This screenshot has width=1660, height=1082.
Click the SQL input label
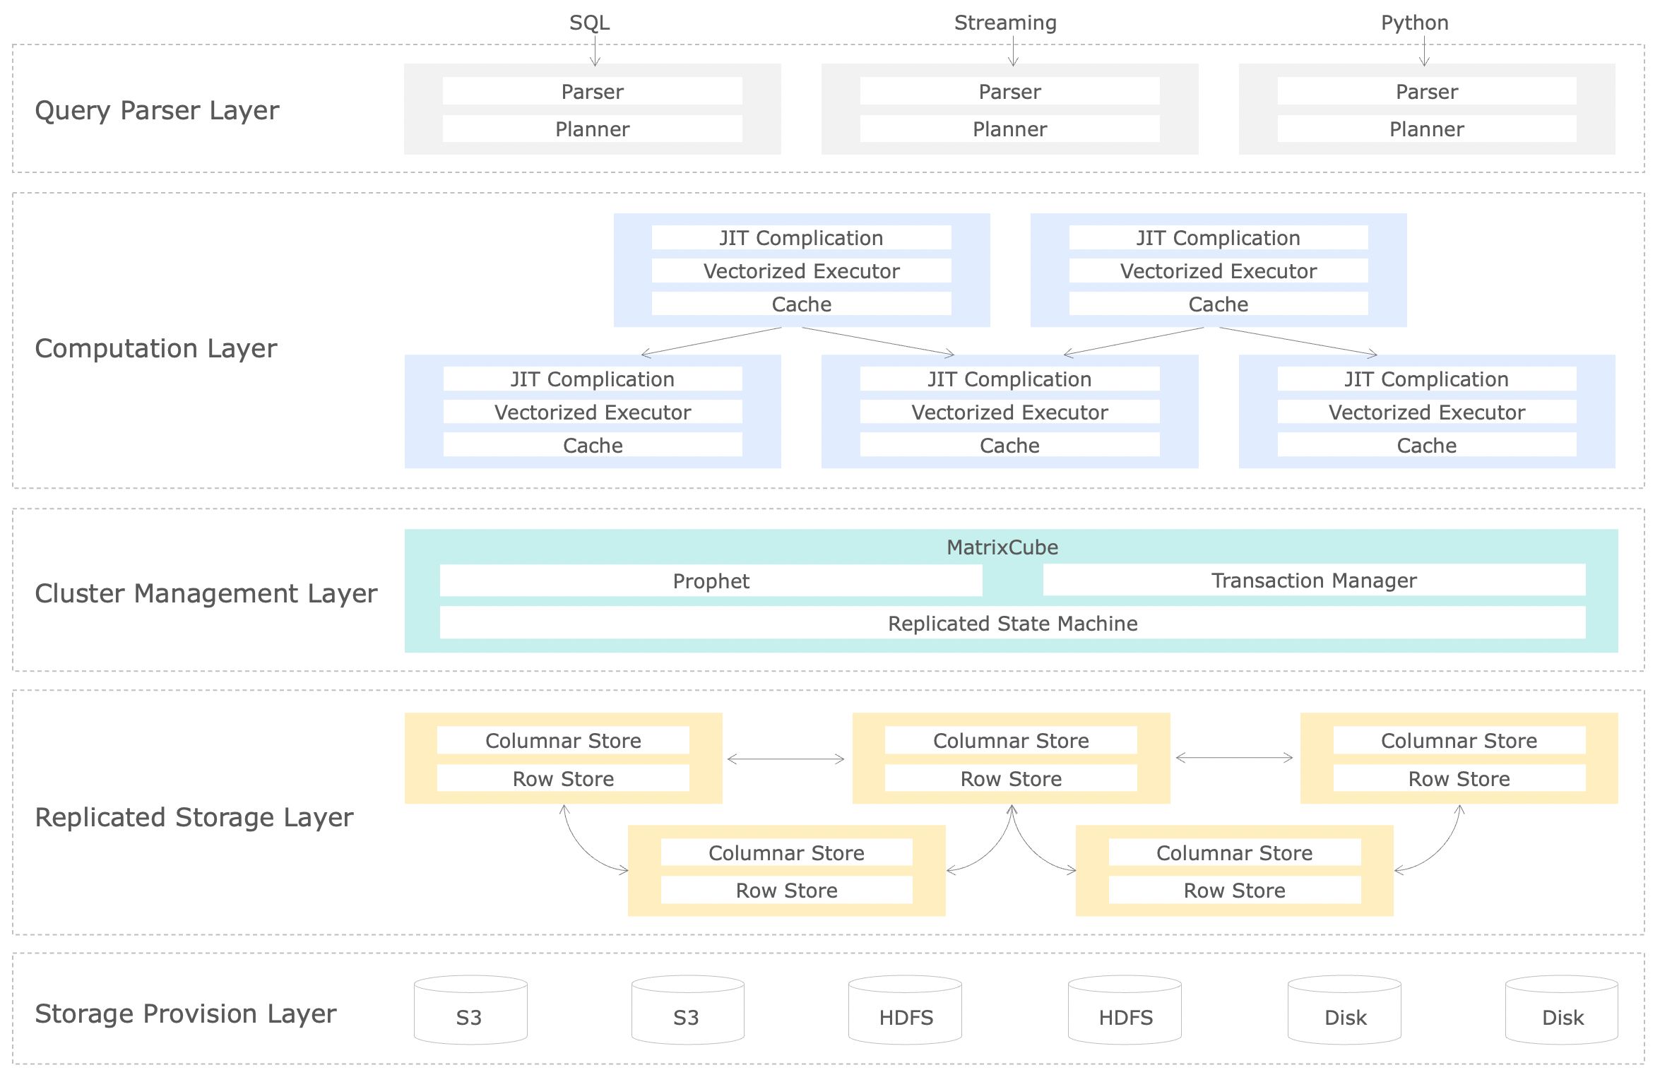coord(589,23)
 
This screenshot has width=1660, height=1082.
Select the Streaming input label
coord(1004,23)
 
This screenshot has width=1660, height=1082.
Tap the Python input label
coord(1414,23)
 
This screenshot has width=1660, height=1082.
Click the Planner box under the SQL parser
coord(592,129)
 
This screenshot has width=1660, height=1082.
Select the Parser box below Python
coord(1426,92)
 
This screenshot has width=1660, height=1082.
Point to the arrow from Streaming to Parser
coord(1013,52)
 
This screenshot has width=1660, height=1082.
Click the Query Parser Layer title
coord(157,110)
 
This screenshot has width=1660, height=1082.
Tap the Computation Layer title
coord(155,348)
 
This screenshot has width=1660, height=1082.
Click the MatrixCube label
coord(1002,547)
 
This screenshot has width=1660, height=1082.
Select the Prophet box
coord(711,581)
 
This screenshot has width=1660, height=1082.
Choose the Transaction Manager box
coord(1313,581)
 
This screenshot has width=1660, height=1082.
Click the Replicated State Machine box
coord(1012,624)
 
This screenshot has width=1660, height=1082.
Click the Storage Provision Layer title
coord(185,1013)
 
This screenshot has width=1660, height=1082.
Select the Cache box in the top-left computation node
coord(801,304)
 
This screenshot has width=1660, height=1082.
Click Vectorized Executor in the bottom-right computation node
coord(1426,412)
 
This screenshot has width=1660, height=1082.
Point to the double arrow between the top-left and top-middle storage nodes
coord(785,759)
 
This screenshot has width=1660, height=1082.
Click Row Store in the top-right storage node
coord(1459,779)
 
